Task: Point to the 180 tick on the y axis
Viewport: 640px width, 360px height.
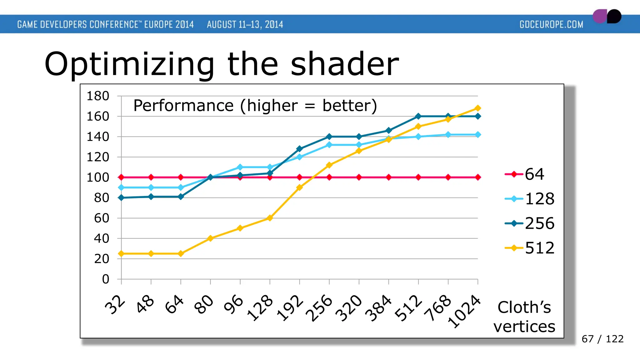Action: [98, 96]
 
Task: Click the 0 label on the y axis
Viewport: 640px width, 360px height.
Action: [106, 279]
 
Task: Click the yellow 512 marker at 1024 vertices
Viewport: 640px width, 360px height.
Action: [478, 108]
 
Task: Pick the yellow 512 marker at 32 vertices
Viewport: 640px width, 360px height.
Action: [121, 253]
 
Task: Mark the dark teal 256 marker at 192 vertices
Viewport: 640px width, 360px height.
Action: [299, 149]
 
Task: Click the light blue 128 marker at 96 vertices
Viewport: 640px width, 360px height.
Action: [240, 167]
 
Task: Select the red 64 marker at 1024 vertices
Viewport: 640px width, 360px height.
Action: [478, 177]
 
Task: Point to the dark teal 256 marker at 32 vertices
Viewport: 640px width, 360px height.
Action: [121, 198]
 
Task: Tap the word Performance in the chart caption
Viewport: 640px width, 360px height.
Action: [183, 106]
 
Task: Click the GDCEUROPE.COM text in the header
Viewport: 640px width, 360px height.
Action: [551, 24]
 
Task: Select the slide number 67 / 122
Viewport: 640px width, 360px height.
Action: [602, 339]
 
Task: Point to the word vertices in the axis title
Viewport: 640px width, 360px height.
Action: [524, 327]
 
